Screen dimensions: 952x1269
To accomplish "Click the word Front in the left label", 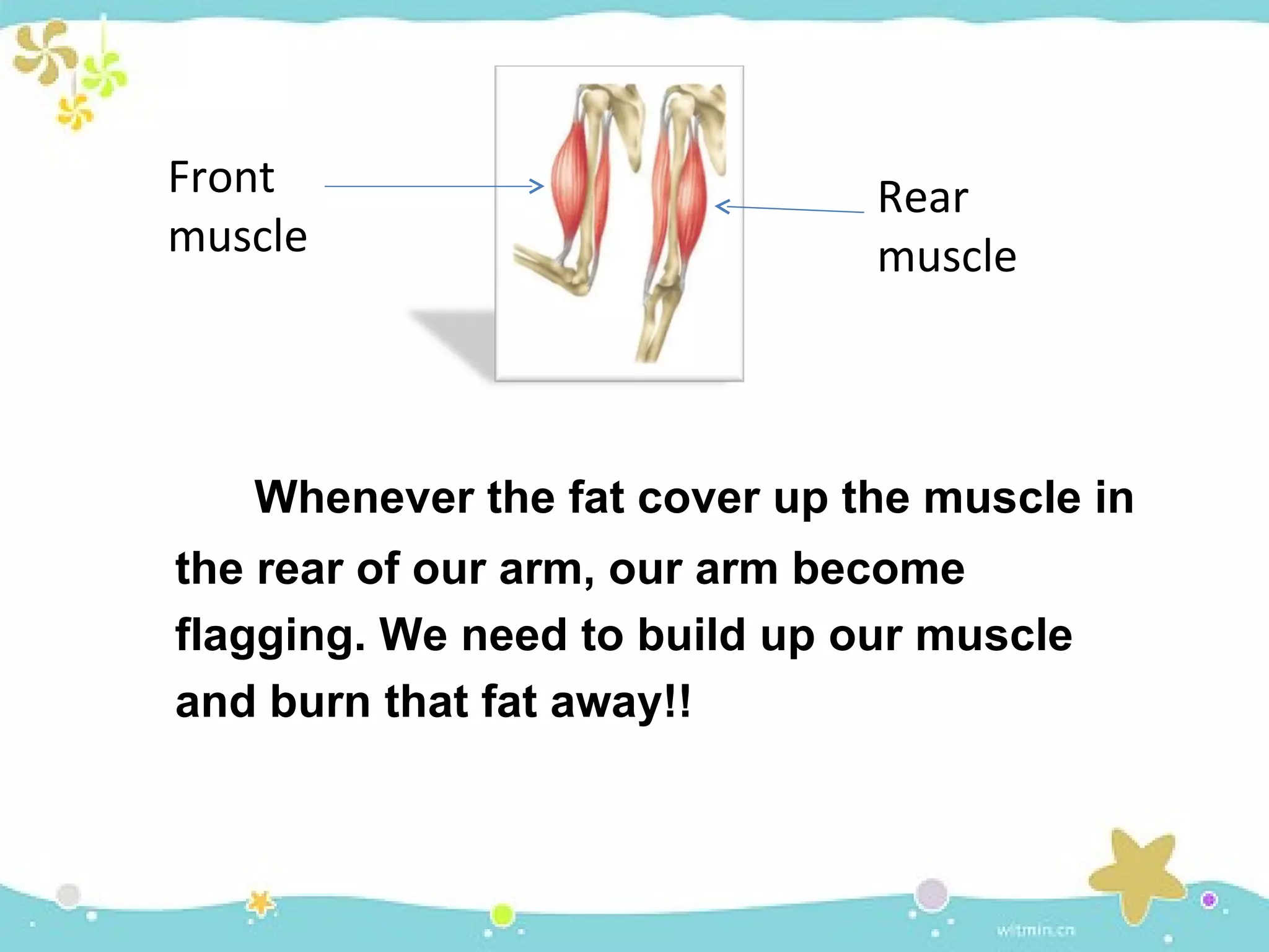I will (221, 178).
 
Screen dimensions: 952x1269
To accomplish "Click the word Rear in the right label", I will (923, 198).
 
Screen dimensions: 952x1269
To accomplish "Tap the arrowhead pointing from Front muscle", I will (537, 185).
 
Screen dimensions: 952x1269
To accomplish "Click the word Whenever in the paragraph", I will (364, 498).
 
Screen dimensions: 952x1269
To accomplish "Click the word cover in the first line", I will (699, 498).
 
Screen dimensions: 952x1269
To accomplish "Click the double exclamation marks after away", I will (678, 702).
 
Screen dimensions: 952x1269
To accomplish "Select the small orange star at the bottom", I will (261, 903).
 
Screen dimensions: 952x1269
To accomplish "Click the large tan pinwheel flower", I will (45, 52).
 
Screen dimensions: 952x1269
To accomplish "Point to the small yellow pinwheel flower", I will (74, 113).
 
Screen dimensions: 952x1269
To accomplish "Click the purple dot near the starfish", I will (1209, 899).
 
